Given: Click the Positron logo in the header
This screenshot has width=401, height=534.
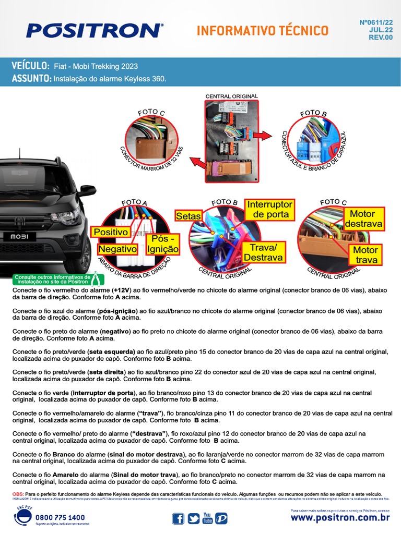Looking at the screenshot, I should click(x=95, y=30).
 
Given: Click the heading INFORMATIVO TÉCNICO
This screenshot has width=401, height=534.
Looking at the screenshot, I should click(x=263, y=31).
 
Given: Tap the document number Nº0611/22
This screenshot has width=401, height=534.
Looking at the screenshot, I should click(x=376, y=22).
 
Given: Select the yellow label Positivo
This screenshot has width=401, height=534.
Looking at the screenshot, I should click(x=110, y=232).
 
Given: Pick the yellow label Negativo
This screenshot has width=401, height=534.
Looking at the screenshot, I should click(x=117, y=249).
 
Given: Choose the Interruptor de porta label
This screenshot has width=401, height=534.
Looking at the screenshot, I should click(x=270, y=209).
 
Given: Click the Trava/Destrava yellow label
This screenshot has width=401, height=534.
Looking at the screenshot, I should click(x=263, y=252).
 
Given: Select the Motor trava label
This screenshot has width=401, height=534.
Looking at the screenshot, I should click(x=365, y=255).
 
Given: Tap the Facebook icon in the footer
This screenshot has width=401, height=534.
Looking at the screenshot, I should click(x=178, y=518).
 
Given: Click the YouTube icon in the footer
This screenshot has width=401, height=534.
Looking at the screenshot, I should click(x=207, y=518).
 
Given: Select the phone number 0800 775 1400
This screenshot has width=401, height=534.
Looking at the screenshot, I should click(x=60, y=517).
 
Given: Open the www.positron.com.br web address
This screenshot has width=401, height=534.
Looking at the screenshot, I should click(x=340, y=517).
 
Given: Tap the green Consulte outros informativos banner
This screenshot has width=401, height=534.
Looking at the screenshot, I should click(x=52, y=279).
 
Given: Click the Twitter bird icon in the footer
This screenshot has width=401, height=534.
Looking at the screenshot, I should click(x=193, y=518).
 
